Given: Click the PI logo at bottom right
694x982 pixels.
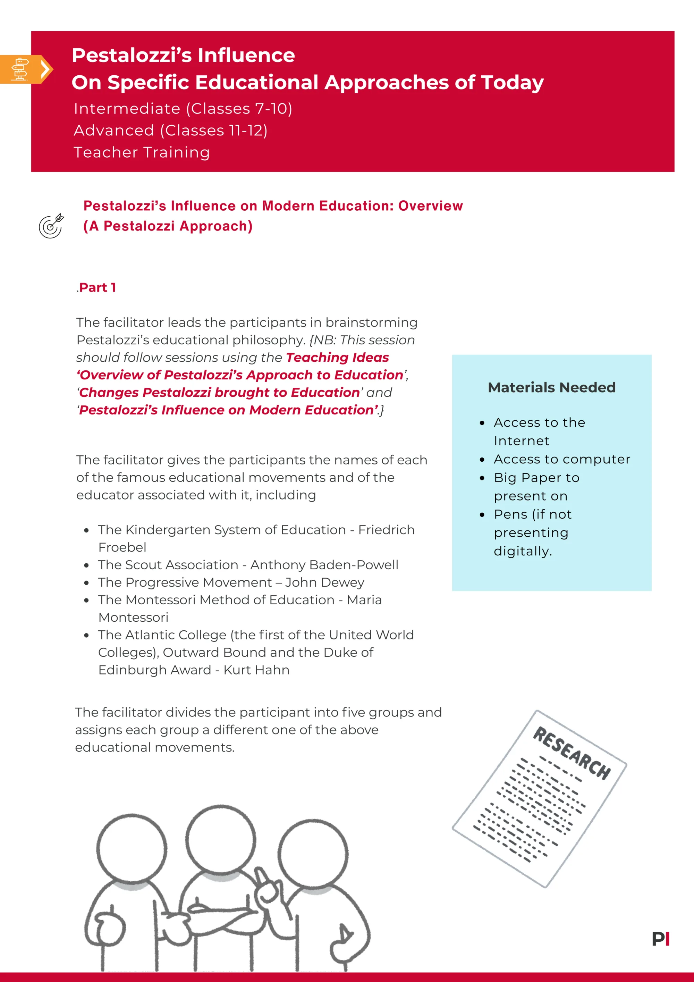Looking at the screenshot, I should tap(660, 939).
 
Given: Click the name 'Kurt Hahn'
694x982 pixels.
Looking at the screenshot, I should tap(256, 670).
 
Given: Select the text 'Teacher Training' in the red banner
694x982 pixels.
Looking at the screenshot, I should tap(142, 152).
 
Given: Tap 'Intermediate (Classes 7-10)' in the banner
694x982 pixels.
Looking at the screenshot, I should tap(183, 109).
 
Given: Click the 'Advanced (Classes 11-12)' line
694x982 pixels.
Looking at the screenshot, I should tap(171, 131).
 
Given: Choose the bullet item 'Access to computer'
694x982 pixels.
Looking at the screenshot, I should tap(561, 459).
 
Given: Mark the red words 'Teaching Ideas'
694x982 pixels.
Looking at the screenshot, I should tap(337, 357).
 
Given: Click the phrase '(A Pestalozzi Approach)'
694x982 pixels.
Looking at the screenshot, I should tap(168, 226).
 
